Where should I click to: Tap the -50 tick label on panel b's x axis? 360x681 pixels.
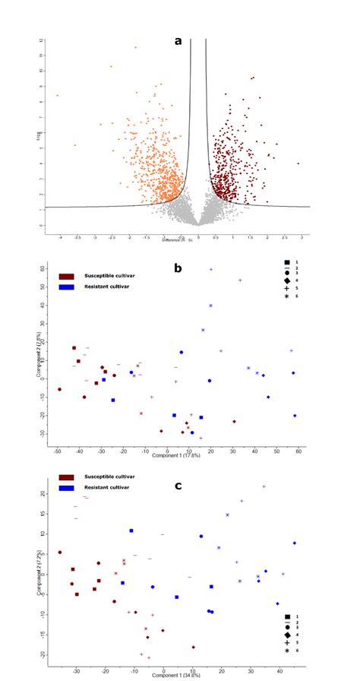(58, 451)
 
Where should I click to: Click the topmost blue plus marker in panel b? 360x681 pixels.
(211, 270)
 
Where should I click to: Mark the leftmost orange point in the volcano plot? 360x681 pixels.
(57, 96)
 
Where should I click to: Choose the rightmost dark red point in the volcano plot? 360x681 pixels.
(298, 163)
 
